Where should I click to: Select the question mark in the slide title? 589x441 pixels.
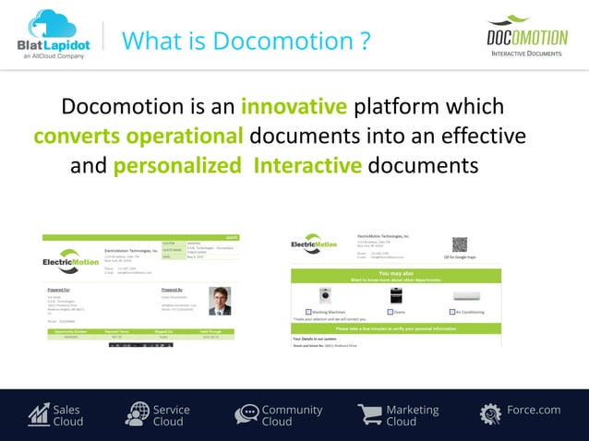(x=365, y=42)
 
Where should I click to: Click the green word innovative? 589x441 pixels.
(x=294, y=107)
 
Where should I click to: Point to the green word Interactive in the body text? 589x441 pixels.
(x=307, y=166)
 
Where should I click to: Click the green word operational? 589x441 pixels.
(x=185, y=137)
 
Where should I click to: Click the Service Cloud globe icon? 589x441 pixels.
(x=137, y=415)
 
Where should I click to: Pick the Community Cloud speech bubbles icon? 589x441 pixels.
(x=246, y=415)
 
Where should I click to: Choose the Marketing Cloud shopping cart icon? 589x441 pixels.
(x=369, y=415)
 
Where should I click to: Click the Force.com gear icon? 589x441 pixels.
(x=490, y=415)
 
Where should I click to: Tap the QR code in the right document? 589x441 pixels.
(x=459, y=244)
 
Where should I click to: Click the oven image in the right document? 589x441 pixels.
(x=396, y=296)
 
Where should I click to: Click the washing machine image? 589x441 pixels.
(x=324, y=296)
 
